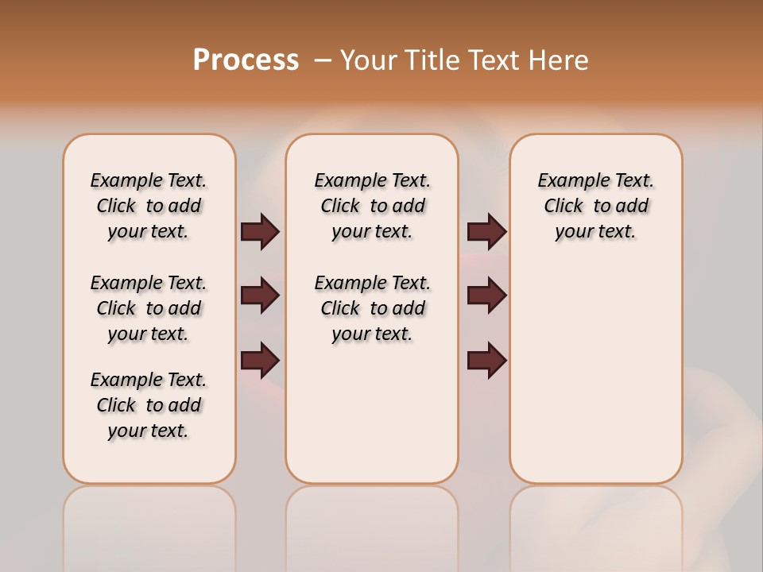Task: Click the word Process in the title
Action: click(246, 60)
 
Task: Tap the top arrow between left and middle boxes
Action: click(260, 232)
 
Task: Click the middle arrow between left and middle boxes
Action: click(260, 296)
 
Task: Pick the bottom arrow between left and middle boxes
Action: click(260, 361)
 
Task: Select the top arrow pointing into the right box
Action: click(486, 232)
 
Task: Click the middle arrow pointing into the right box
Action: click(486, 296)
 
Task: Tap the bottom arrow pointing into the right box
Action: click(486, 361)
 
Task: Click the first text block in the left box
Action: click(149, 206)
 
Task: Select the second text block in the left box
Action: click(149, 308)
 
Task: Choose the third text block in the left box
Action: click(149, 405)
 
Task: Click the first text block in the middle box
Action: click(372, 206)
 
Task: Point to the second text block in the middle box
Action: click(372, 308)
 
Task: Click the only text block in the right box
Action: click(595, 206)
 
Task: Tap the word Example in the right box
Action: click(567, 181)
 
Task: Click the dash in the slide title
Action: click(323, 60)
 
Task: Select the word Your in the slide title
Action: click(369, 60)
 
